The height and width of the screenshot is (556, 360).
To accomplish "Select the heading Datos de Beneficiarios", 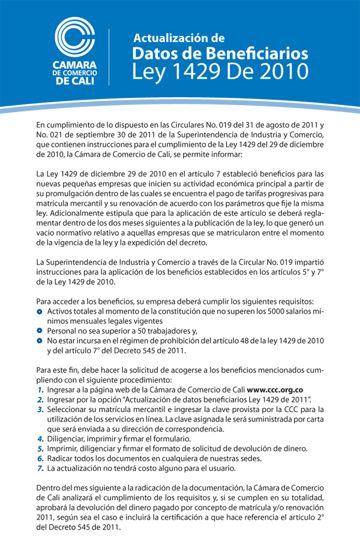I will click(x=220, y=54).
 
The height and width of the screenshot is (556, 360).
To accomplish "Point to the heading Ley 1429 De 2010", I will click(x=220, y=71).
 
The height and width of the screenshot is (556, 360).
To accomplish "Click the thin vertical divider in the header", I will click(x=108, y=57).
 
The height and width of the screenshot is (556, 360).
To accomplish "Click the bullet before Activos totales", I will click(x=40, y=312).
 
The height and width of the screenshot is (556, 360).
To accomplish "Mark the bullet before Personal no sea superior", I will click(x=40, y=331).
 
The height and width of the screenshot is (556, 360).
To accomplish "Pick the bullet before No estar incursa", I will click(x=40, y=341).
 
